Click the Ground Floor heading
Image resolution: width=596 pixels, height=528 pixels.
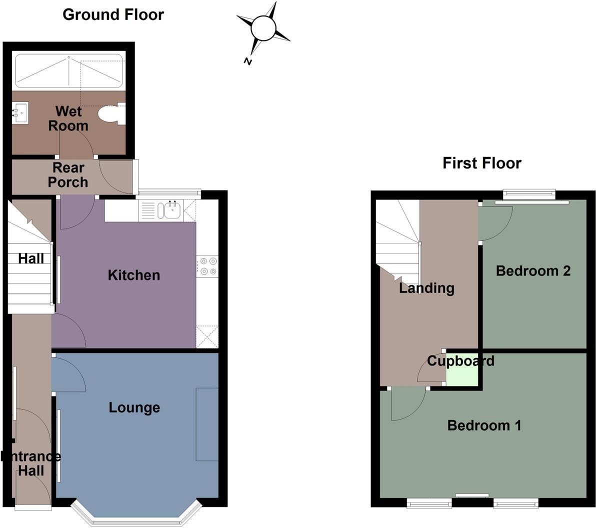point(113,14)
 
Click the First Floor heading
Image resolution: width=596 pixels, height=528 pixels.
point(481,163)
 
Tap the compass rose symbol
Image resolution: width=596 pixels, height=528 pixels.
point(263,27)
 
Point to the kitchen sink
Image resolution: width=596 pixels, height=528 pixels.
point(168,210)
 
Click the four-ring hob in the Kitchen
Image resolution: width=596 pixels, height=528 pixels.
point(207,266)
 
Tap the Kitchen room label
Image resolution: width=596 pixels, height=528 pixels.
point(133,275)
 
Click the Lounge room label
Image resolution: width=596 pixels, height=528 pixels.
point(134,407)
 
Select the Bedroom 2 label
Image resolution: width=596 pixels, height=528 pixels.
point(533,271)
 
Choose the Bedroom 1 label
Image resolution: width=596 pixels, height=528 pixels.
point(484,425)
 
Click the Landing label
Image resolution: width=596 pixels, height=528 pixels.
point(426,288)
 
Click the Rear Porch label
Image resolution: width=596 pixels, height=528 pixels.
point(68,175)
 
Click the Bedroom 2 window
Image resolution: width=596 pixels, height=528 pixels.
point(529,194)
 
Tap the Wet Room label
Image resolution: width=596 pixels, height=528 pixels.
point(68,118)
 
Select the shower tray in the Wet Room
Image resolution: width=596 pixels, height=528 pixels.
point(69,71)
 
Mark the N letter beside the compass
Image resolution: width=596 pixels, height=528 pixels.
point(247,61)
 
